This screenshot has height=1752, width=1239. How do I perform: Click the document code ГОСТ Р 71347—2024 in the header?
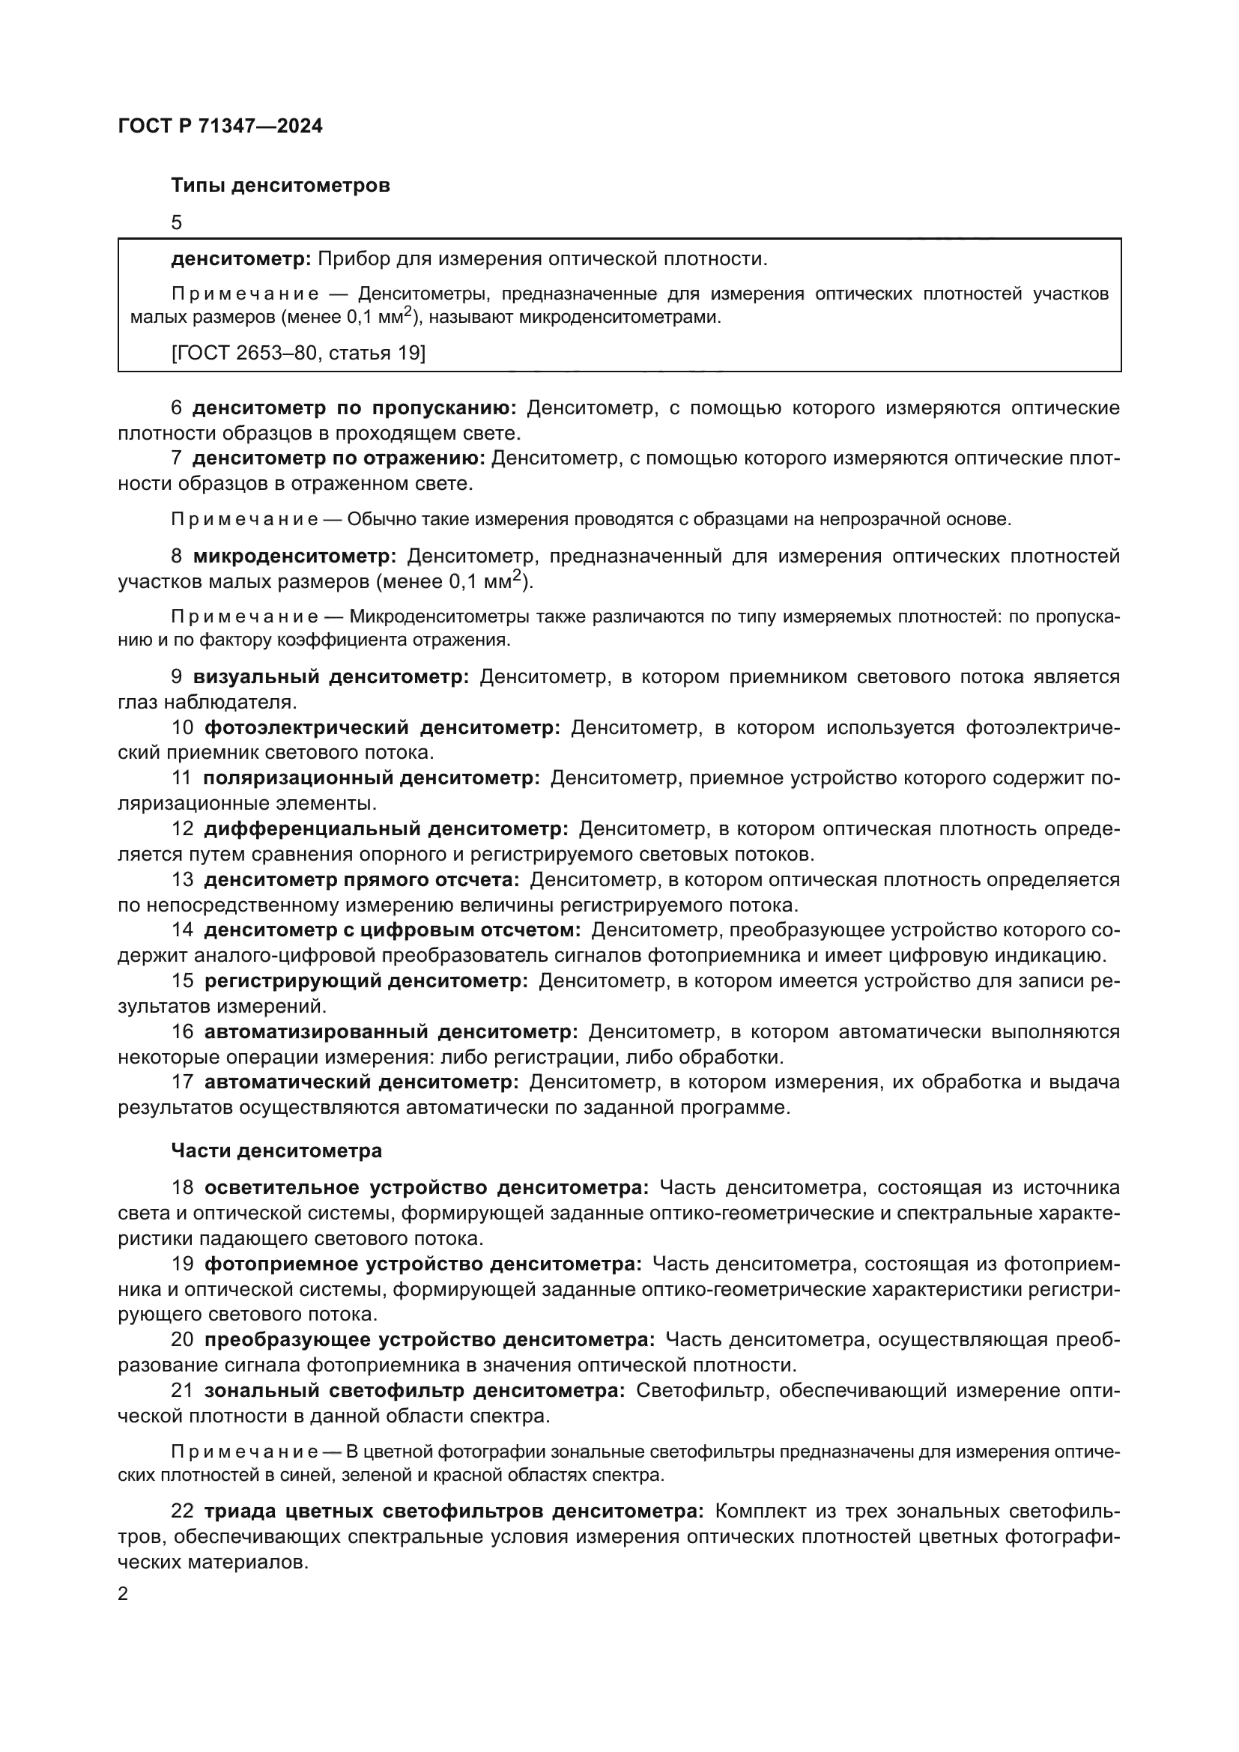[220, 126]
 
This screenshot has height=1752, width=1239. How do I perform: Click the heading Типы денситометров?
[280, 186]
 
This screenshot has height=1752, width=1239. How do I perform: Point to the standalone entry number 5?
[177, 222]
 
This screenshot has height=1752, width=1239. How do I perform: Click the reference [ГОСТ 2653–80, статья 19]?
[298, 354]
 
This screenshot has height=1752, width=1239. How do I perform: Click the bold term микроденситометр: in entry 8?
[294, 557]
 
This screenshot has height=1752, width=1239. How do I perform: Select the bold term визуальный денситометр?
[330, 677]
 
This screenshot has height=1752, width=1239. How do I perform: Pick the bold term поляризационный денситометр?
[371, 778]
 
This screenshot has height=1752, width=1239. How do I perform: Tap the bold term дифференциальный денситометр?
[386, 828]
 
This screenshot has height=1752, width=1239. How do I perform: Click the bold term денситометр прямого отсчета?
[361, 880]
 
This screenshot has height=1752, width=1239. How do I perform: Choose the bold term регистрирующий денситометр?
[366, 980]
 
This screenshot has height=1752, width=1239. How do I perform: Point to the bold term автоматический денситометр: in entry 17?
[362, 1082]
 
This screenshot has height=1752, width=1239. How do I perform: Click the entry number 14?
[182, 930]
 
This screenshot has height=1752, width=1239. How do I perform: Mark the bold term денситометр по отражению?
[339, 458]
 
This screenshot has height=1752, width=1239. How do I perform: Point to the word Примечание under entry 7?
[244, 520]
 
